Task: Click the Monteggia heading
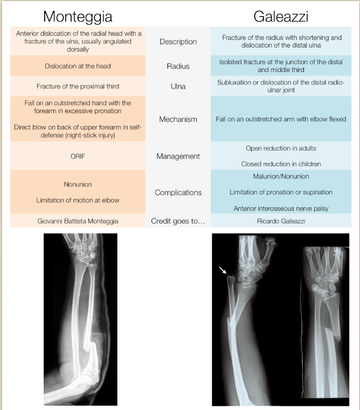coord(78,16)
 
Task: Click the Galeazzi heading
coord(281,16)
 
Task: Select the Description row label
coord(178,42)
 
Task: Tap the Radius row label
coord(178,66)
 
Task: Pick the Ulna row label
coord(178,86)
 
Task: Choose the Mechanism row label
coord(178,119)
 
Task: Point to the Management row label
coord(178,156)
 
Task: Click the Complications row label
coord(178,192)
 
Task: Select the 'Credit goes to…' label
coord(178,220)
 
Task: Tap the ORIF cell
coord(78,156)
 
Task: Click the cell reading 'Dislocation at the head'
coord(78,66)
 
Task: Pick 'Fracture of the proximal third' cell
coord(78,86)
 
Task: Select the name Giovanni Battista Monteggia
coord(78,220)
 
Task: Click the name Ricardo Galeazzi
coord(281,220)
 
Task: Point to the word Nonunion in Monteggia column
coord(78,184)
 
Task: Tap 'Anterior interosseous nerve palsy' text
coord(281,208)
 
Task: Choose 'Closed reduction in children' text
coord(281,164)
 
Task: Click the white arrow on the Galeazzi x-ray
coord(222,271)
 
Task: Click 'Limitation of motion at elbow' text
coord(78,200)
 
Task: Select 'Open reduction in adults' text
coord(281,148)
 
